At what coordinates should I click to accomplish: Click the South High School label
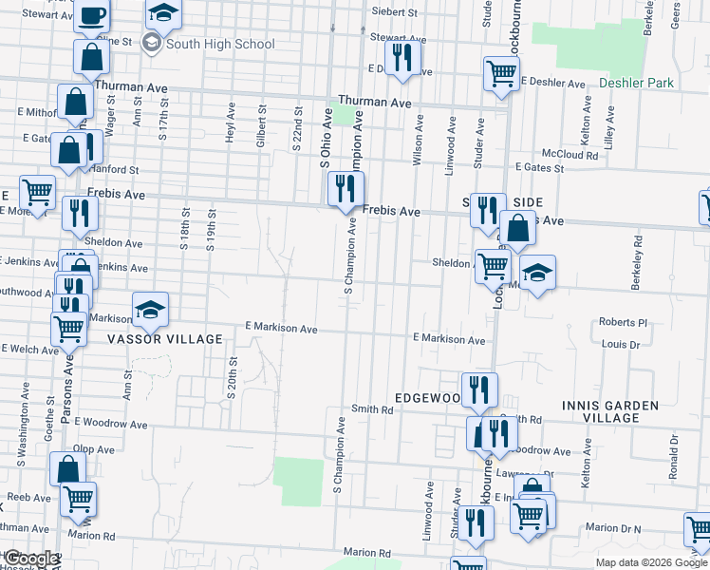coord(219,44)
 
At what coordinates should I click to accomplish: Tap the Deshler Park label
coord(637,83)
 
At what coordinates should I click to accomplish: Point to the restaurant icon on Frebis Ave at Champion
coord(346,189)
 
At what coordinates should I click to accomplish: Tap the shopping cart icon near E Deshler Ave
coord(500,73)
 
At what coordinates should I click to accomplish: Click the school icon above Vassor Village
coord(150,310)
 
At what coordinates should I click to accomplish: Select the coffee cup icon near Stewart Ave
coord(92,15)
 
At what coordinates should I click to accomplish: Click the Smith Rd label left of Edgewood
coord(372,409)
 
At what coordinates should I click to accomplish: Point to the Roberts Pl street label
coord(623,322)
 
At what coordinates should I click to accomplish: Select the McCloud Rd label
coord(568,153)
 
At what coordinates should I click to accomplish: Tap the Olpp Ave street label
coord(94,448)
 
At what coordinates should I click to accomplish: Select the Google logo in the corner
coord(30,559)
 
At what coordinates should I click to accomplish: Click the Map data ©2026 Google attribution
coord(650,562)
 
